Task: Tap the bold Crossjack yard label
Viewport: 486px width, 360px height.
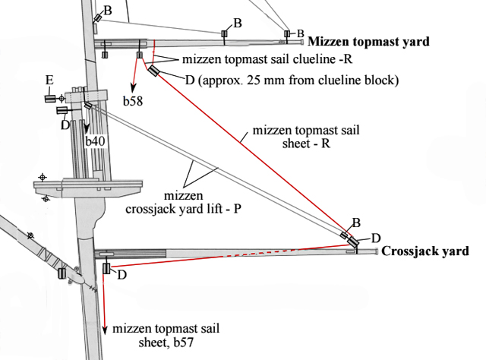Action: [424, 251]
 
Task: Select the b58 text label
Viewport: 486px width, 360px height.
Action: [136, 98]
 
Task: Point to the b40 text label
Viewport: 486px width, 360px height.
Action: [96, 141]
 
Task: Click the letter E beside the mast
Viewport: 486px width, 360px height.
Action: [49, 80]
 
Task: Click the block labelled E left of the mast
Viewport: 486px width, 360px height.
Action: [50, 98]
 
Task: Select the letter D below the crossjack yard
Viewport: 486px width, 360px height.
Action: [121, 275]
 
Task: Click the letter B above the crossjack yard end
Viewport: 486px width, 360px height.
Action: [355, 223]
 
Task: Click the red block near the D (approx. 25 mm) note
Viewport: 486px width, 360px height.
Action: [154, 71]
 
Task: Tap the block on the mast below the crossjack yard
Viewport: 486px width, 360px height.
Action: [106, 269]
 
